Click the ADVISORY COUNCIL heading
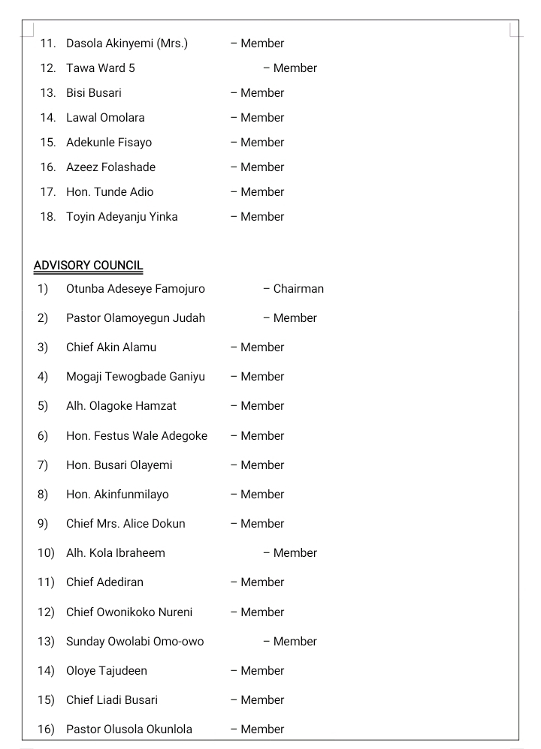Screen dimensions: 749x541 click(88, 266)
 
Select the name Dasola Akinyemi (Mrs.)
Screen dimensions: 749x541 click(126, 44)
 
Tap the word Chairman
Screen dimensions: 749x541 click(298, 289)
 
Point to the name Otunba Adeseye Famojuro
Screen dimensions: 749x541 click(135, 289)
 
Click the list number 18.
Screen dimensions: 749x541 click(47, 217)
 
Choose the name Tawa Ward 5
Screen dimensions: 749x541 click(101, 68)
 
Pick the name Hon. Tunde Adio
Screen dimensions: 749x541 click(110, 192)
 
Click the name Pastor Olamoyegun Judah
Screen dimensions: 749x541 click(135, 318)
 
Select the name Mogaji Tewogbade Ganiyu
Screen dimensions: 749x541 click(135, 377)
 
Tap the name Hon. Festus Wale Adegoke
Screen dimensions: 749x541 click(137, 436)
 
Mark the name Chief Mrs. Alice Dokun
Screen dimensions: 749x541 click(125, 524)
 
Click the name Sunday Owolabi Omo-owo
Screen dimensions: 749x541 click(135, 642)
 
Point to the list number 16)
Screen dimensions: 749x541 click(45, 729)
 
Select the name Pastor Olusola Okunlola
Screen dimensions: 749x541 click(129, 729)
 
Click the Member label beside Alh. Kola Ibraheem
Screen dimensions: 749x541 click(295, 553)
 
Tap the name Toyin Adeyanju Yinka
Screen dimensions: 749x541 click(122, 217)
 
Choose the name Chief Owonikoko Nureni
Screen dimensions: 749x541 click(129, 612)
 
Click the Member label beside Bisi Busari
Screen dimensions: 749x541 click(262, 93)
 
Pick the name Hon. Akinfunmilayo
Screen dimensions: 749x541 click(117, 495)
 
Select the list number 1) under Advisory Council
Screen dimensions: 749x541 click(42, 289)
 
